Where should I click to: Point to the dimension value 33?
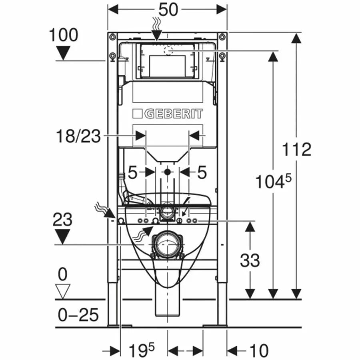pos(250,261)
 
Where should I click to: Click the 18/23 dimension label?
pos(78,136)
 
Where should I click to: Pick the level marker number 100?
pos(64,35)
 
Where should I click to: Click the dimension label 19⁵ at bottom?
pos(140,351)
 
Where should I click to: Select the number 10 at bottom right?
pos(258,351)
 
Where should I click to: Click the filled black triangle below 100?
pos(63,53)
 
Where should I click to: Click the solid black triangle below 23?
pos(62,237)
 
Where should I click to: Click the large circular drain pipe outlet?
pos(167,244)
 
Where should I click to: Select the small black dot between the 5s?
pos(167,172)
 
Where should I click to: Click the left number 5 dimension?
pos(133,173)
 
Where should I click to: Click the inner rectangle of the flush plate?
pos(167,66)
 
